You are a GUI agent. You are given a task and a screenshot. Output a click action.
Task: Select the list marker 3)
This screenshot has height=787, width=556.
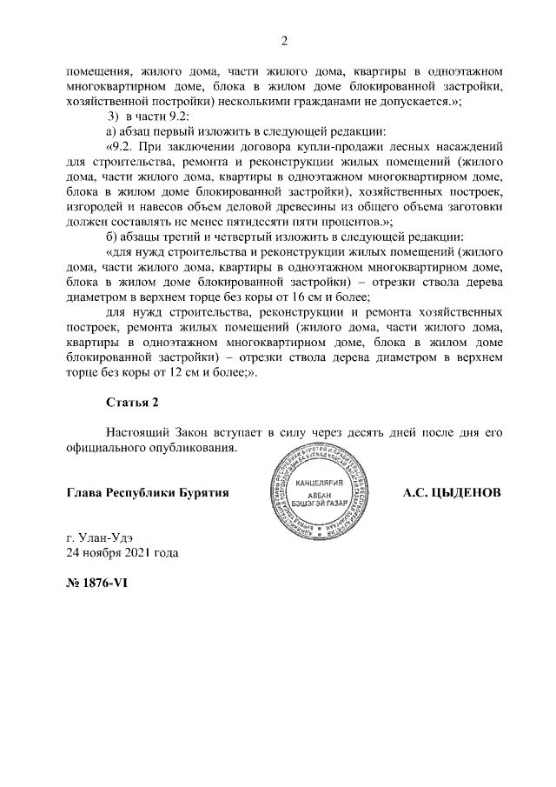tap(113, 117)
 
